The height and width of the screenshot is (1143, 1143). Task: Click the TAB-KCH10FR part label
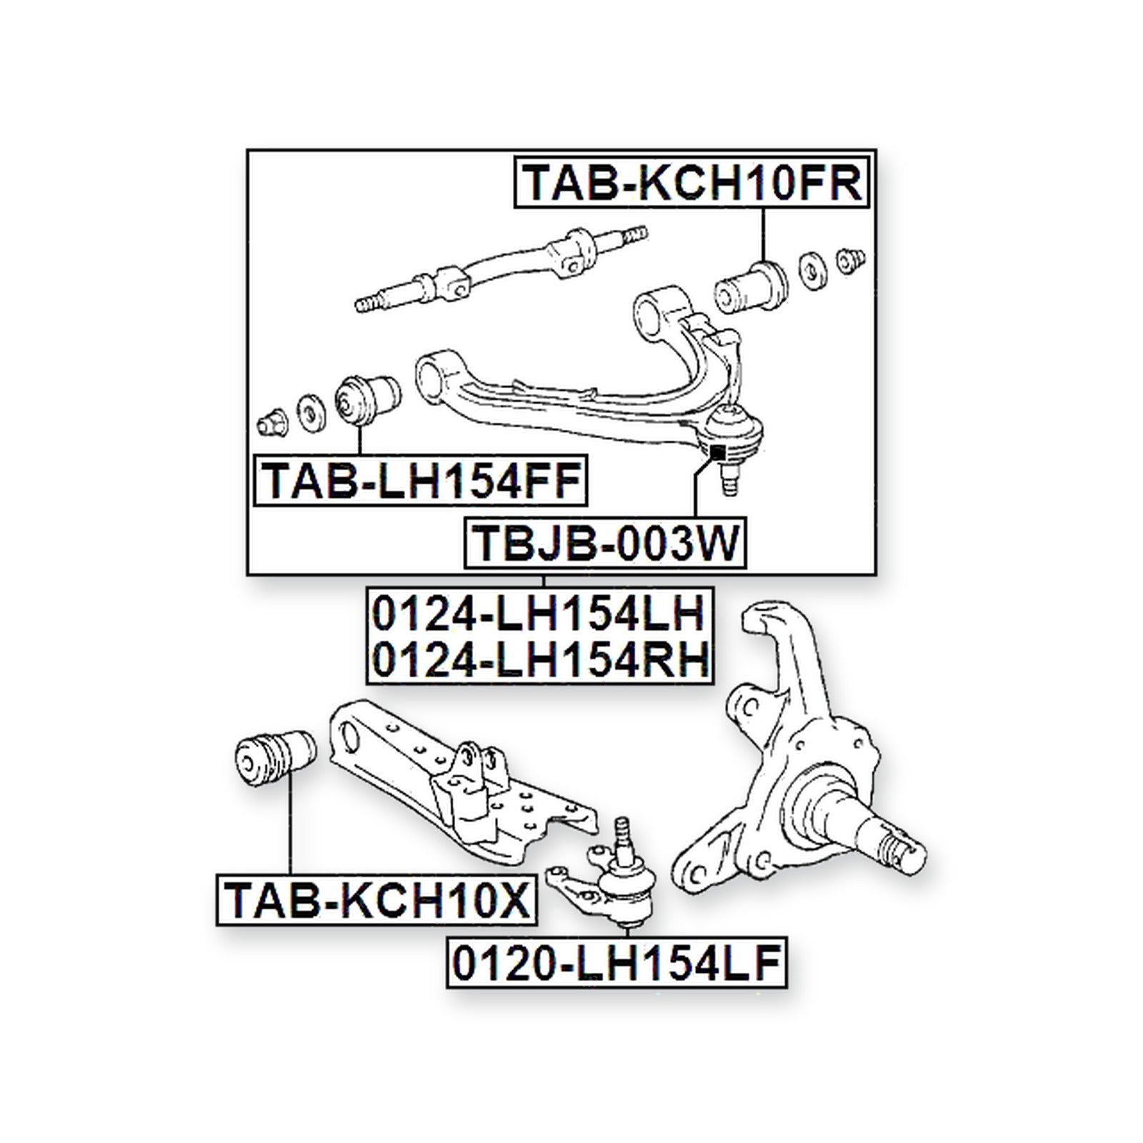(x=691, y=184)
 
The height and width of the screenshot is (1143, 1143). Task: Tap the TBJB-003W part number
(x=605, y=542)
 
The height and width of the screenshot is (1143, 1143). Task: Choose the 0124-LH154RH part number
(x=541, y=659)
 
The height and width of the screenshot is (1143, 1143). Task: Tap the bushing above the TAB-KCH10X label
(x=277, y=758)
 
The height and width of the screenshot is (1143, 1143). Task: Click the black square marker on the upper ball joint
(x=717, y=453)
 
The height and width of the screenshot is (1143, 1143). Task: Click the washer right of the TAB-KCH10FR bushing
(x=811, y=270)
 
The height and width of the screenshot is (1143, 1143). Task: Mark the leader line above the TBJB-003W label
(x=694, y=489)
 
